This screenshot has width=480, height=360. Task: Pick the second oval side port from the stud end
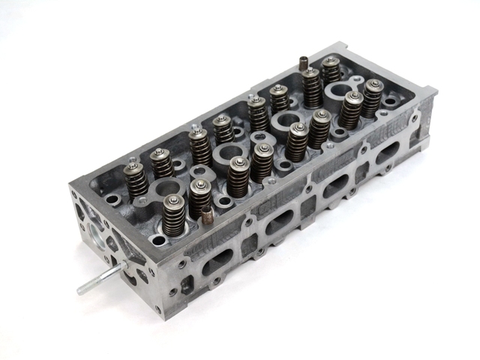tap(279, 219)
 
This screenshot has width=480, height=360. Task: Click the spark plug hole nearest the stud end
tap(168, 189)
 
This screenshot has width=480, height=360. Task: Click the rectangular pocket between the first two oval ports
tap(251, 240)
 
